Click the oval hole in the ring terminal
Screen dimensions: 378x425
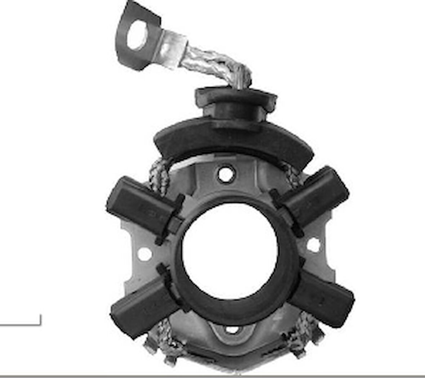[x=137, y=35]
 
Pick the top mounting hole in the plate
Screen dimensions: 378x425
[x=225, y=174]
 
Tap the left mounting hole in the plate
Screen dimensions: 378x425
[x=144, y=254]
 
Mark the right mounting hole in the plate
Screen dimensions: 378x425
[x=313, y=245]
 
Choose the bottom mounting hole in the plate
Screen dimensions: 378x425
[x=232, y=329]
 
